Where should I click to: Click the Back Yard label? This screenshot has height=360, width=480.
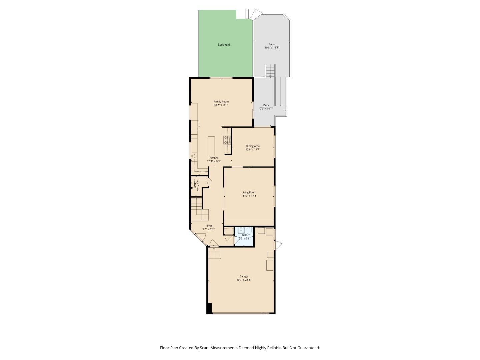coord(224,45)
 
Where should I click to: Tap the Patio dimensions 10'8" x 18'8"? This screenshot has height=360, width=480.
coord(272,48)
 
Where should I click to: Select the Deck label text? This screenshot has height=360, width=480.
coord(266,105)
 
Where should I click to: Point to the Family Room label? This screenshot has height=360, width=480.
coord(221,102)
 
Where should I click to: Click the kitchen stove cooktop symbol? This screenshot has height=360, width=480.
coord(227,140)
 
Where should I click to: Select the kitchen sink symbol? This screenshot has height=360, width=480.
coord(194,155)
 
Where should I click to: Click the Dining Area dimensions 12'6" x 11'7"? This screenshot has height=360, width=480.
coord(253,150)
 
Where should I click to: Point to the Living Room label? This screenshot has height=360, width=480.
coord(249,192)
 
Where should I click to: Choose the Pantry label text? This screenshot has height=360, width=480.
coord(195,185)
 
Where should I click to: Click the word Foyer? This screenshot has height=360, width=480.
coord(209,226)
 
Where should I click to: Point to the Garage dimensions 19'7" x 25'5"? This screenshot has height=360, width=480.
coord(244,280)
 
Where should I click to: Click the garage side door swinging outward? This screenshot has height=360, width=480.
coord(278,246)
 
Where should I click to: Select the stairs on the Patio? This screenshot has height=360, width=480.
coord(270,70)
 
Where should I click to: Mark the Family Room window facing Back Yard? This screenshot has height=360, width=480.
coord(221,78)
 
